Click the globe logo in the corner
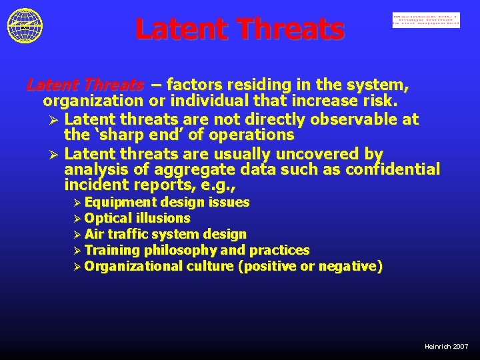25,26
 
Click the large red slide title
240,29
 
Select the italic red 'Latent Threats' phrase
85,85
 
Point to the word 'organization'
93,102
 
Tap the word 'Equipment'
121,202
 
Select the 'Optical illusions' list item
137,218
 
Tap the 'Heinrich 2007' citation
446,347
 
